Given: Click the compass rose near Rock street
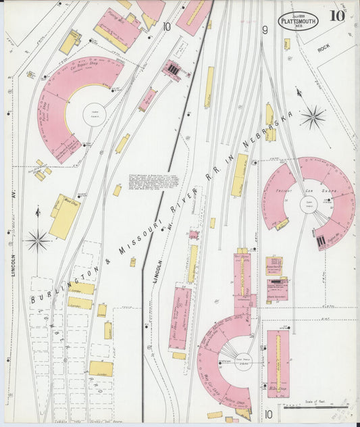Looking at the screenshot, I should [x=313, y=118].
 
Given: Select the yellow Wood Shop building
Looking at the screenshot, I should [x=64, y=216].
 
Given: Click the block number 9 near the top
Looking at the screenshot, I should [x=265, y=30].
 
